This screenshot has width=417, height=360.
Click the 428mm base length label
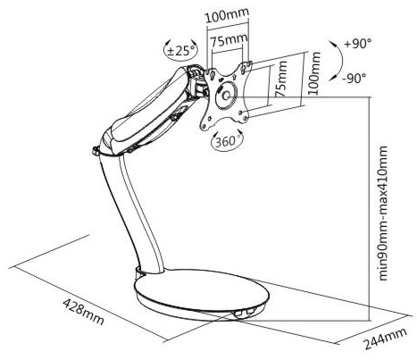[83, 312]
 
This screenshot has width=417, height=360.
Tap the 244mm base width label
[386, 339]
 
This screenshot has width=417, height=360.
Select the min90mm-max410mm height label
[384, 213]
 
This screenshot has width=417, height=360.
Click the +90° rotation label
[358, 44]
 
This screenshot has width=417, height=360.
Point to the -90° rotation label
[354, 79]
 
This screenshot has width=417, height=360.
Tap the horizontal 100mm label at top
[227, 16]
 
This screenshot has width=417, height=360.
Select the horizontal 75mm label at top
[229, 40]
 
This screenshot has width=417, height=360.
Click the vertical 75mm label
[281, 79]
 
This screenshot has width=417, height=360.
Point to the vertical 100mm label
[314, 73]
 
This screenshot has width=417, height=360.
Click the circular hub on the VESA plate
[226, 96]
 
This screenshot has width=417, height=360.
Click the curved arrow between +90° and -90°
[341, 61]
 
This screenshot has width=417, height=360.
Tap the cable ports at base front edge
[245, 313]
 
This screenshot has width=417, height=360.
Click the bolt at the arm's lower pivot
[96, 151]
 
